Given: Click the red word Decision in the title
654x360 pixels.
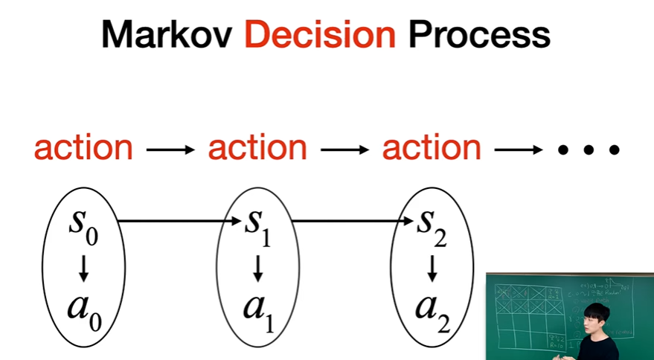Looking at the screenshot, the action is coord(321,35).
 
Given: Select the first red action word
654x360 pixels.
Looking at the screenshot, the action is coord(83,149).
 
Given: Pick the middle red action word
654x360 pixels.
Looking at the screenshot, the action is coord(257,149).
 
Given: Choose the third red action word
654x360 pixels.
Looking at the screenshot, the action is coord(432,149).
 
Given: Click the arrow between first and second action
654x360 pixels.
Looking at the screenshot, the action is coord(170,150).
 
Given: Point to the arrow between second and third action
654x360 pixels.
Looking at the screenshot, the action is coord(344,150).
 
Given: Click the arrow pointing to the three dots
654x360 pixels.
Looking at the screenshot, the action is coord(519,150).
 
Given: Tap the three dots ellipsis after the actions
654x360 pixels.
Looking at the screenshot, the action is coord(589,150).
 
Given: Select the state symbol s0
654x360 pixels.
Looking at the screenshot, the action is coord(83,224).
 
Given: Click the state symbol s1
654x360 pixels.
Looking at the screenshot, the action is coord(257,224).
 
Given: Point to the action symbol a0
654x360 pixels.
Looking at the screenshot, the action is coord(83,307).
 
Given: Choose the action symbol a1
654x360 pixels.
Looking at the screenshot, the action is coord(257,307).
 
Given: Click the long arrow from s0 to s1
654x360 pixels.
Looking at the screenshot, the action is coord(179,221).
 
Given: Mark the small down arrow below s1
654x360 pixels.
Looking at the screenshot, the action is coord(258,268).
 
